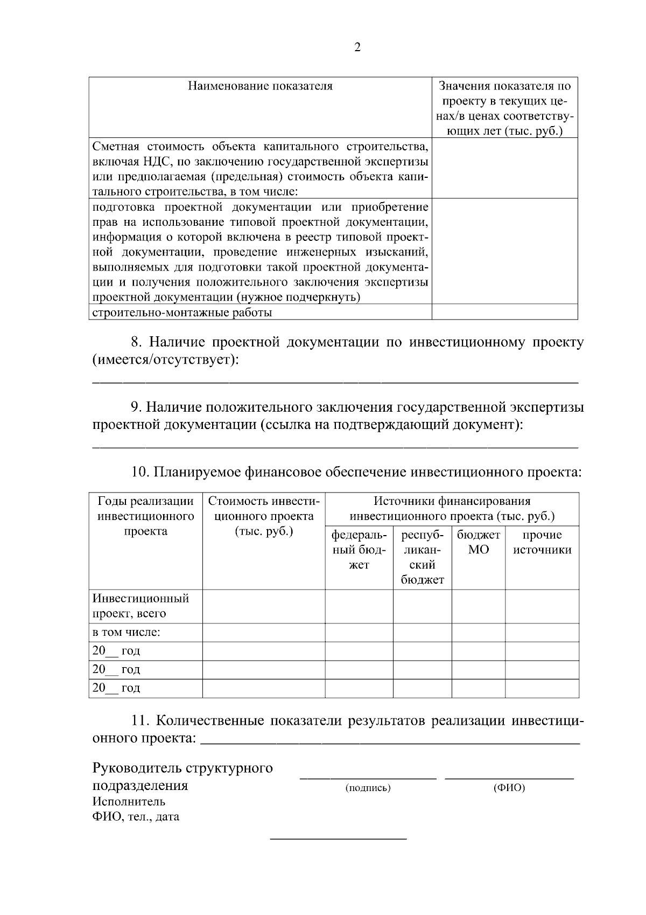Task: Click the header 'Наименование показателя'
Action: point(260,86)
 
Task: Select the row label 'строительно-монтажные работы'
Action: point(182,313)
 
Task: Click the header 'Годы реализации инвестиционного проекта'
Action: point(145,516)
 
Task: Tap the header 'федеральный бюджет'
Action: point(359,550)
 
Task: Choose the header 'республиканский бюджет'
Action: point(422,557)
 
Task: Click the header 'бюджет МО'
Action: point(478,542)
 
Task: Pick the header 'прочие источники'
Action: point(542,542)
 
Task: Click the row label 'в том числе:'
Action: point(127,633)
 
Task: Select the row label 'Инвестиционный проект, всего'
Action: point(141,606)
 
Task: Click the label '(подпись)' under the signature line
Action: point(368,788)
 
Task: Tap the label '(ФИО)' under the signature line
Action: point(509,788)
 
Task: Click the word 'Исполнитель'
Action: point(129,801)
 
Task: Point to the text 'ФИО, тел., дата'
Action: point(136,817)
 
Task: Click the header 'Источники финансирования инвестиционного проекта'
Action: point(452,509)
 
